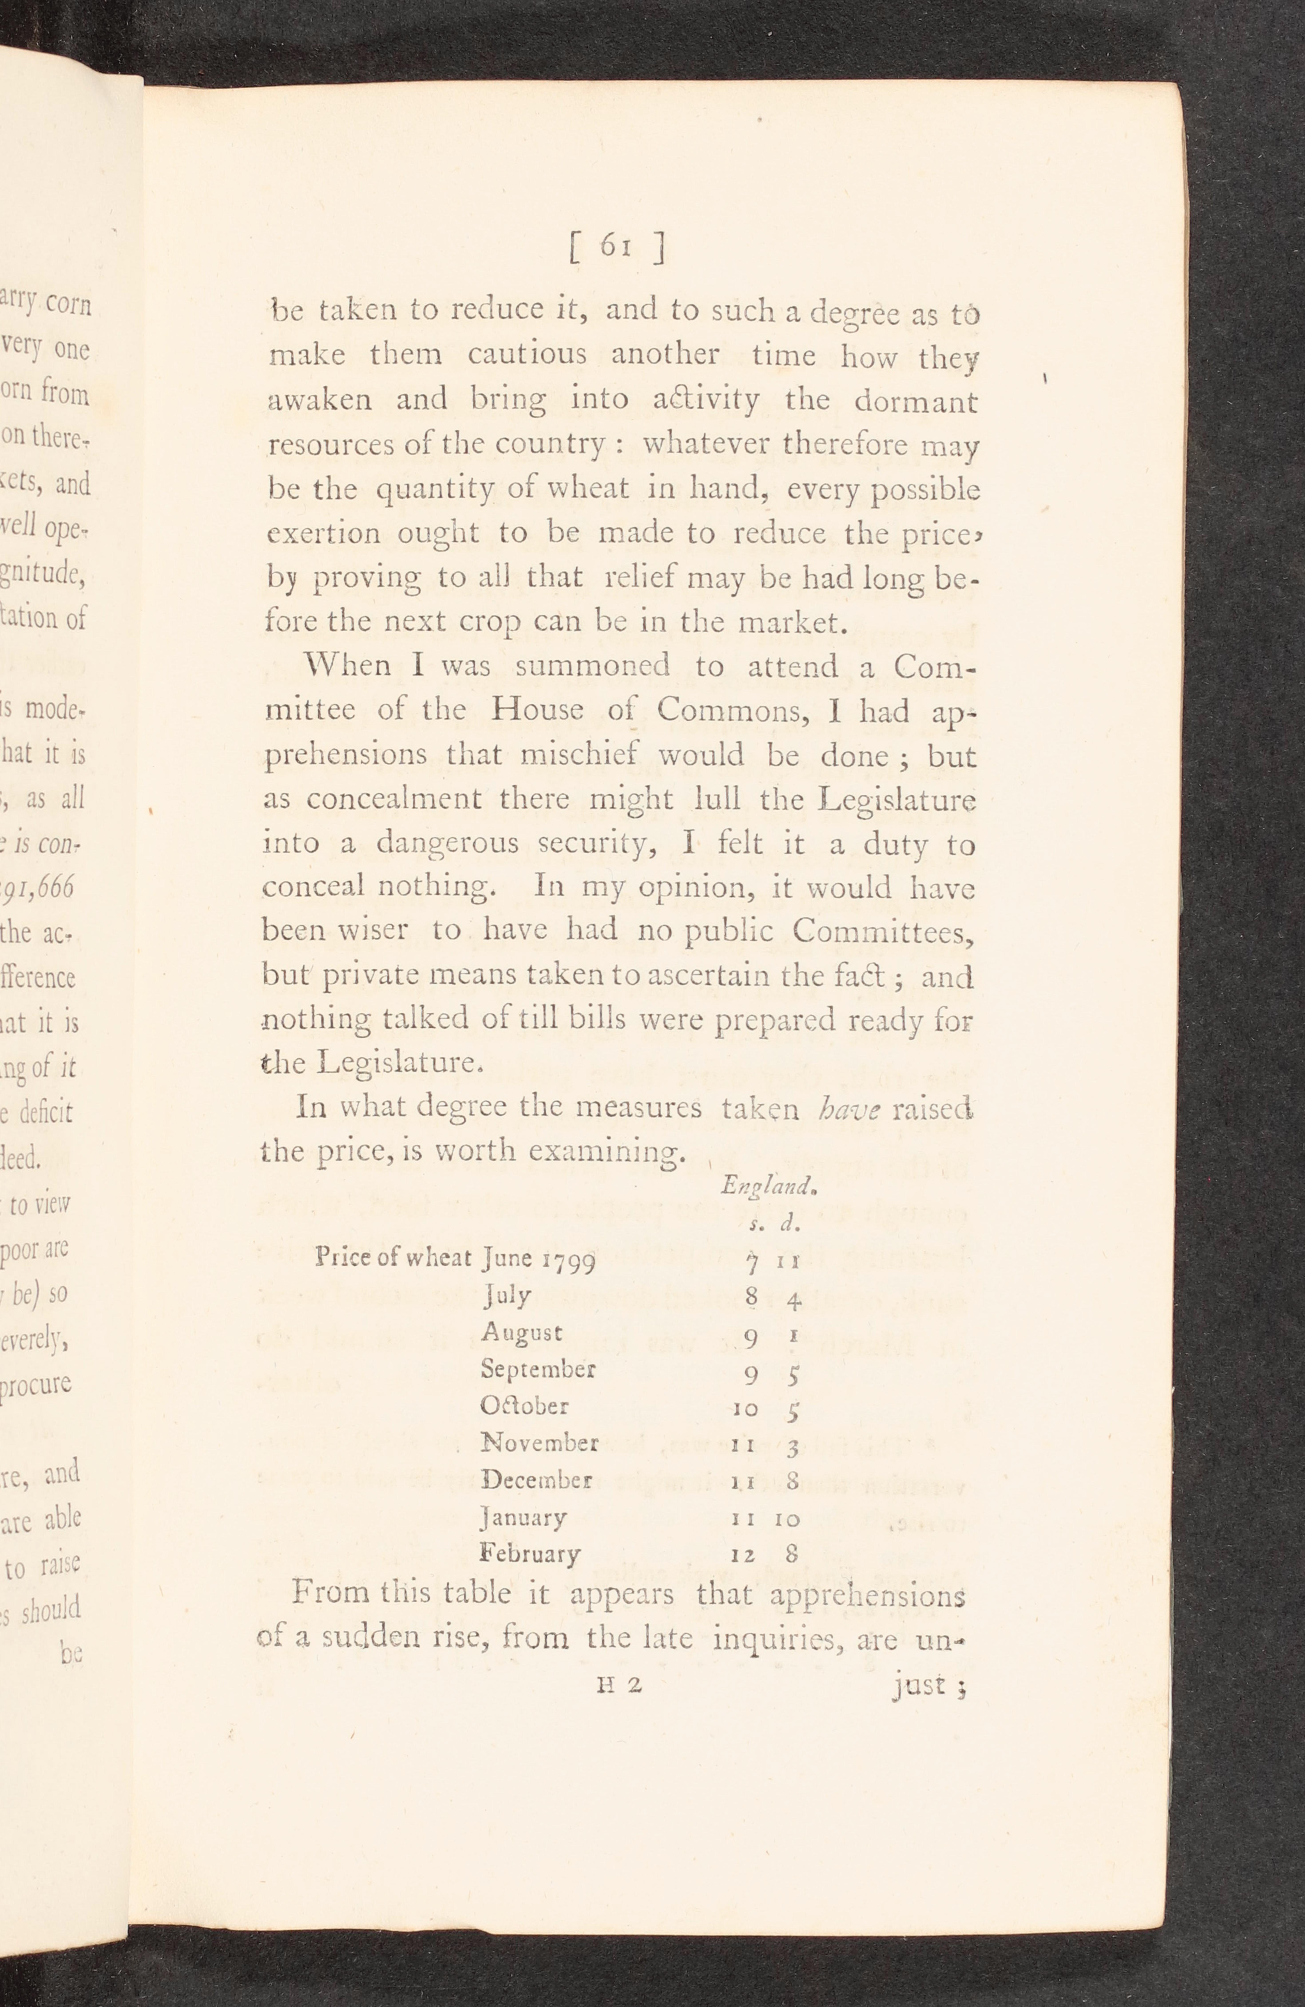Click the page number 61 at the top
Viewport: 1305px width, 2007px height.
coord(616,245)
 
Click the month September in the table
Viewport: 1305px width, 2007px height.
coord(538,1369)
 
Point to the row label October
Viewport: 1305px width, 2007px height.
coord(524,1406)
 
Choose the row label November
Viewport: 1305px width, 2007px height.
coord(539,1443)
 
